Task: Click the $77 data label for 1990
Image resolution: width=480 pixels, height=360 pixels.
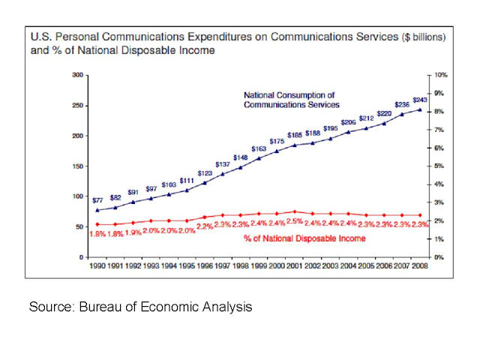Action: [x=97, y=200]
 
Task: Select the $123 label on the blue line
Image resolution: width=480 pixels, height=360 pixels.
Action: [x=205, y=173]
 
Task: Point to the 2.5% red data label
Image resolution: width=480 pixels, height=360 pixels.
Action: [x=296, y=222]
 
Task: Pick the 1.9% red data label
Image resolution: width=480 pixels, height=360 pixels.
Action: [x=133, y=233]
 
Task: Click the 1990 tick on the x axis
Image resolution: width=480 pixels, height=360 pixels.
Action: [x=97, y=265]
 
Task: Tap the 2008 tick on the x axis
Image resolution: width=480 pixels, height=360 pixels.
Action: [x=420, y=265]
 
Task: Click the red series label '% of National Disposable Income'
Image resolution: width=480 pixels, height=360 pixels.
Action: [x=304, y=238]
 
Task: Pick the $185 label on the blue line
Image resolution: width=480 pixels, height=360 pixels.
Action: [x=295, y=135]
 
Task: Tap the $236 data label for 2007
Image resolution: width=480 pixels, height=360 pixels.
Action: [x=403, y=105]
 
